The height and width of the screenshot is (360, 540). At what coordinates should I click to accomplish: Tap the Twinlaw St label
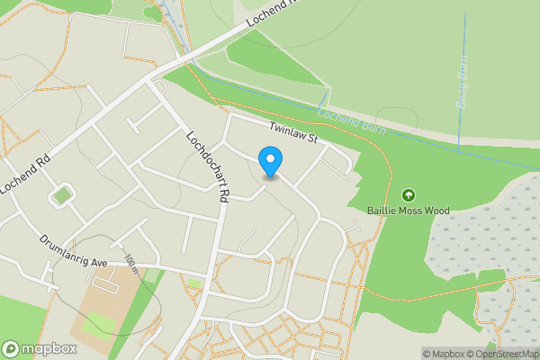tap(294, 134)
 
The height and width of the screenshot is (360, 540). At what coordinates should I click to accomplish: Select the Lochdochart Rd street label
tap(210, 166)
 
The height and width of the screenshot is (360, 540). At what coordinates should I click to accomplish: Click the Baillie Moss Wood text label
tap(408, 211)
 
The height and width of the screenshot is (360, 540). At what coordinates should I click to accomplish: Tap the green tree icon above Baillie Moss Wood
tap(409, 194)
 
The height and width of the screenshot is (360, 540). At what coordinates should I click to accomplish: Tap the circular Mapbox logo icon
tap(12, 349)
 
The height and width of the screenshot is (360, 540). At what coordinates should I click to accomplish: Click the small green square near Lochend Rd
tap(61, 193)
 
